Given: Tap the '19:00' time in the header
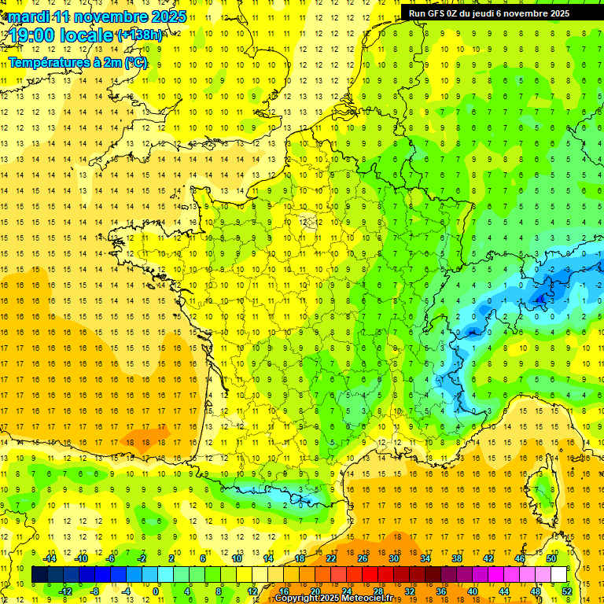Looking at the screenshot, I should (x=32, y=35).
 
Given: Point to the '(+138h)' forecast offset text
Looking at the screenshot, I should (x=139, y=35).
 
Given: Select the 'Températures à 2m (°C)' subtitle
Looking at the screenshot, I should (x=77, y=62).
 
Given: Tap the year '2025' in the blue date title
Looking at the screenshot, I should (x=168, y=17).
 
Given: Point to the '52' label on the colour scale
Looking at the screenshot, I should (x=567, y=591).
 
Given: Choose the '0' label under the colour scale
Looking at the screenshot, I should (x=157, y=591).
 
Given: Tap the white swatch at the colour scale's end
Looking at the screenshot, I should (x=558, y=575).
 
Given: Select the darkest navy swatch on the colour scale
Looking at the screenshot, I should (x=39, y=575).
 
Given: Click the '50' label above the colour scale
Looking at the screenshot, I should (x=551, y=558).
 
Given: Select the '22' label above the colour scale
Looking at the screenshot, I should (x=330, y=558).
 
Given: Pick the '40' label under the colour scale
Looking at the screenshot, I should (x=473, y=591).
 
